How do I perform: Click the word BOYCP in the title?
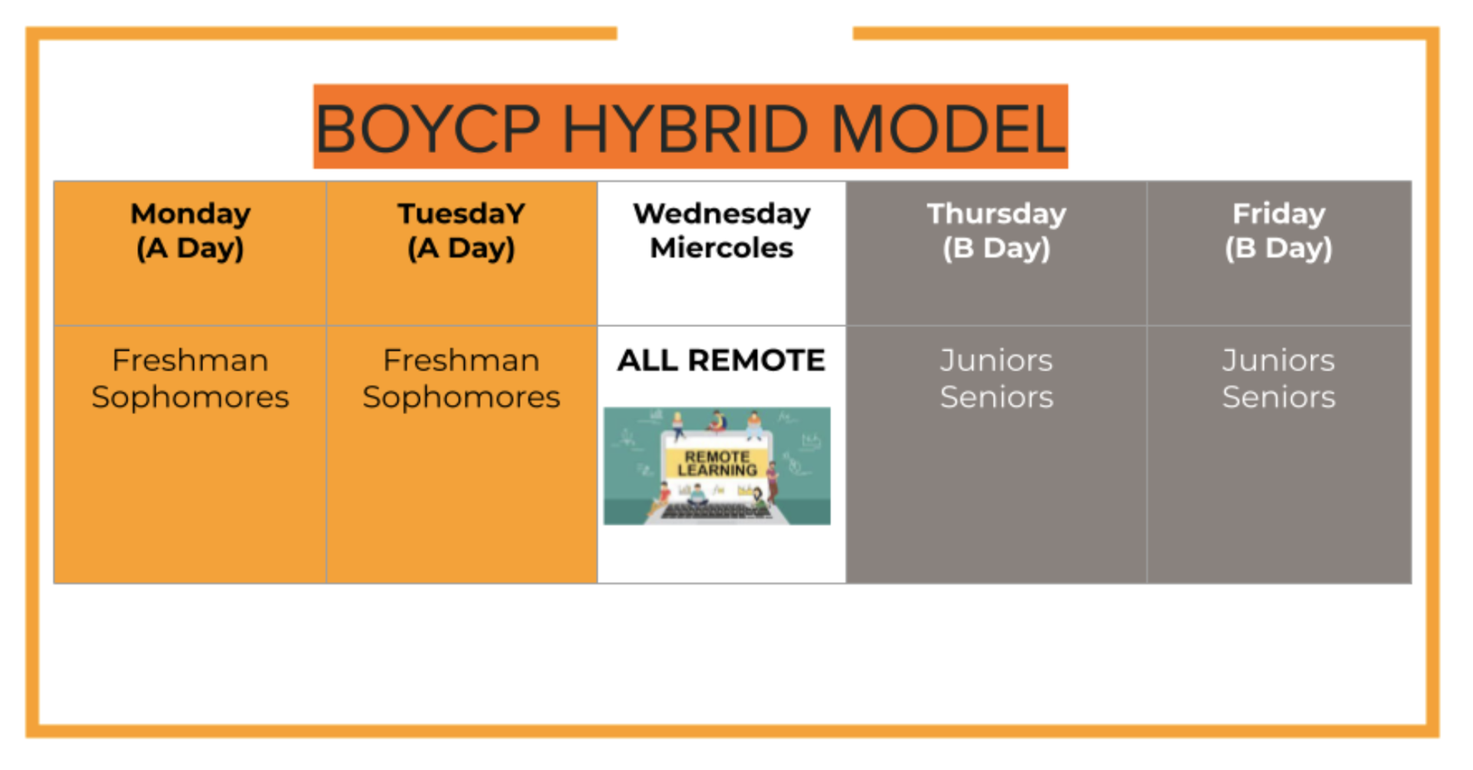coord(428,129)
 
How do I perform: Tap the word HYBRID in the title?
coord(685,129)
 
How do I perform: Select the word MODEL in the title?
coord(948,129)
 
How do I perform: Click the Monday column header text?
coord(190,213)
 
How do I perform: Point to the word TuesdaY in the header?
coord(461,213)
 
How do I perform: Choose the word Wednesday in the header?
coord(721,213)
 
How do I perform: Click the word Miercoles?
coord(721,248)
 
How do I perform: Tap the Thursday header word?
coord(996,213)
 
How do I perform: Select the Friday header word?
coord(1278,213)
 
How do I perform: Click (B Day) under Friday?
coord(1278,248)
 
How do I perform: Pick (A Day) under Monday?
coord(190,248)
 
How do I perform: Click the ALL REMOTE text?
coord(721,360)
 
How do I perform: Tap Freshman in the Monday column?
coord(190,360)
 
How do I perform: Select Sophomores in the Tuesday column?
coord(461,397)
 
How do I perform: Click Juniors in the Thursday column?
coord(996,360)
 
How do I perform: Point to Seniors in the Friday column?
coord(1278,397)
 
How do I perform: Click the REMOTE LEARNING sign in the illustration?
coord(717,463)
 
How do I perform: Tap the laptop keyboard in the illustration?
coord(717,511)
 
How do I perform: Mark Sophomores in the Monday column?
coord(190,397)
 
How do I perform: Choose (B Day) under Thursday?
coord(996,248)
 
